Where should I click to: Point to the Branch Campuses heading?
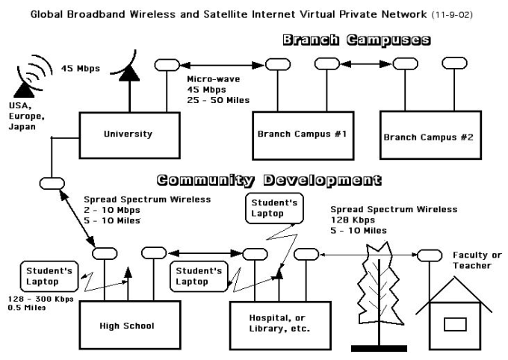pos(356,40)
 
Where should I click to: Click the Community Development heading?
pos(269,180)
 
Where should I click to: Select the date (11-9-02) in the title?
pos(452,15)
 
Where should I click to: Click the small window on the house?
pos(455,324)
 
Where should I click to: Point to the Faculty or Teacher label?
pos(477,261)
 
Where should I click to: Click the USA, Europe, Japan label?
pos(27,116)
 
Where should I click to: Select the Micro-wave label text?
pos(213,79)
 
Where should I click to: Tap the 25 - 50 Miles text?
pos(218,100)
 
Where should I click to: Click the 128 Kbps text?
pos(353,220)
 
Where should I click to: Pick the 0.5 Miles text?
pos(27,308)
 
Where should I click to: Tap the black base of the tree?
pos(379,349)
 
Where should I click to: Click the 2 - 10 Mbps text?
pos(112,210)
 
